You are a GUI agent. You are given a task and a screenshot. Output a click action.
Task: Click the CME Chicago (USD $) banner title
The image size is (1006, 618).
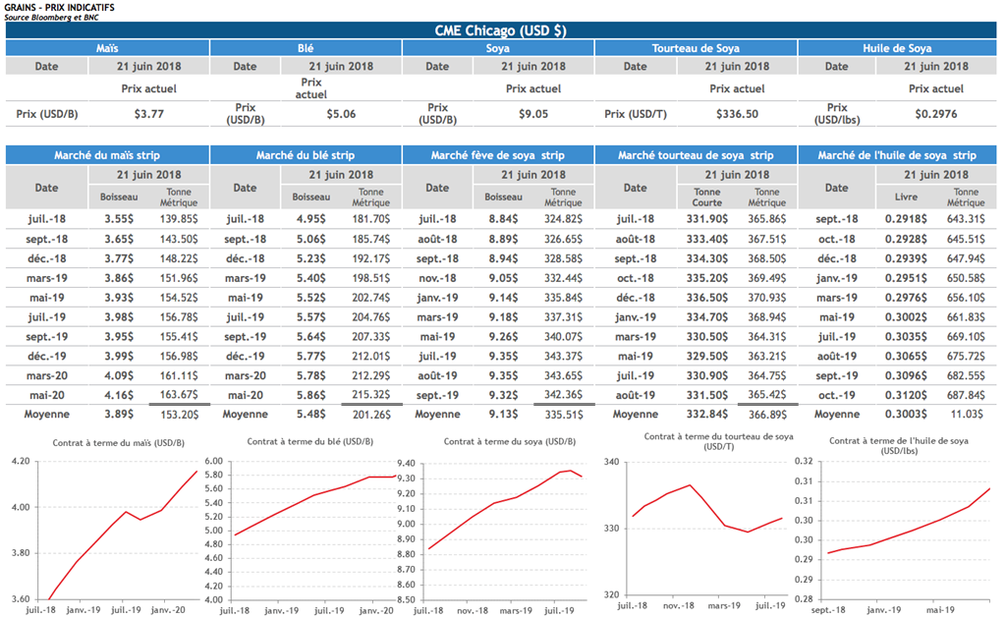coord(501,30)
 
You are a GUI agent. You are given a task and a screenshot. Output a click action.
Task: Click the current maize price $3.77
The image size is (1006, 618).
coord(148,114)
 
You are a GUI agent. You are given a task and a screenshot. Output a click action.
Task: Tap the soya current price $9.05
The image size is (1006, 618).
coord(533,114)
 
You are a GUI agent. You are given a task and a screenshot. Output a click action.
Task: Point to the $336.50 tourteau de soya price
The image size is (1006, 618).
coord(737,114)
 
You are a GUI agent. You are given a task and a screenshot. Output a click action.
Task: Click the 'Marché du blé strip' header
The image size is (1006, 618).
coord(306,155)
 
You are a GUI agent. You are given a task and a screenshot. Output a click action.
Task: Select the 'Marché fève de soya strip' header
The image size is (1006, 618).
coord(498,155)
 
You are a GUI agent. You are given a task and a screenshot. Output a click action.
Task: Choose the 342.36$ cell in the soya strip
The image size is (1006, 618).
coord(563,395)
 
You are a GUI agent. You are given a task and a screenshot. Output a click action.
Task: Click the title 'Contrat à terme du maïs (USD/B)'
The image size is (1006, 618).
coord(106,442)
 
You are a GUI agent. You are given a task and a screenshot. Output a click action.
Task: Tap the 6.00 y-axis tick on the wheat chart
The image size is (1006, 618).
coord(213,462)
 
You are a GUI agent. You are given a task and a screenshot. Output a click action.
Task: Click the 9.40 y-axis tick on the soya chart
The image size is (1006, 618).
coord(407,462)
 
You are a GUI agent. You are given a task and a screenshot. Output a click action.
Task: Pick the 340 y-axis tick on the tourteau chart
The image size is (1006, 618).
coord(610,462)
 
